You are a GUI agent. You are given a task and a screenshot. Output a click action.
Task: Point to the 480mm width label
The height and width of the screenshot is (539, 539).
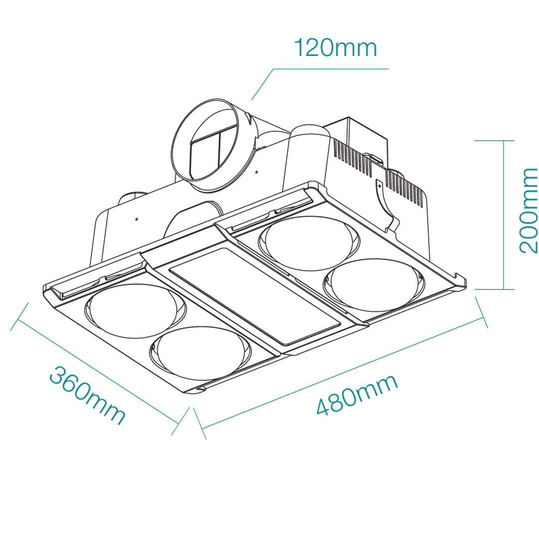pos(357,394)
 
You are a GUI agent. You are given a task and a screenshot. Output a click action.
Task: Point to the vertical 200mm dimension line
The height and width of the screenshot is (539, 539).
pos(504,215)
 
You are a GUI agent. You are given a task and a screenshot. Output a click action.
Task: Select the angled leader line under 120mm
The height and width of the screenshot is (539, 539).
pos(263,84)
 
